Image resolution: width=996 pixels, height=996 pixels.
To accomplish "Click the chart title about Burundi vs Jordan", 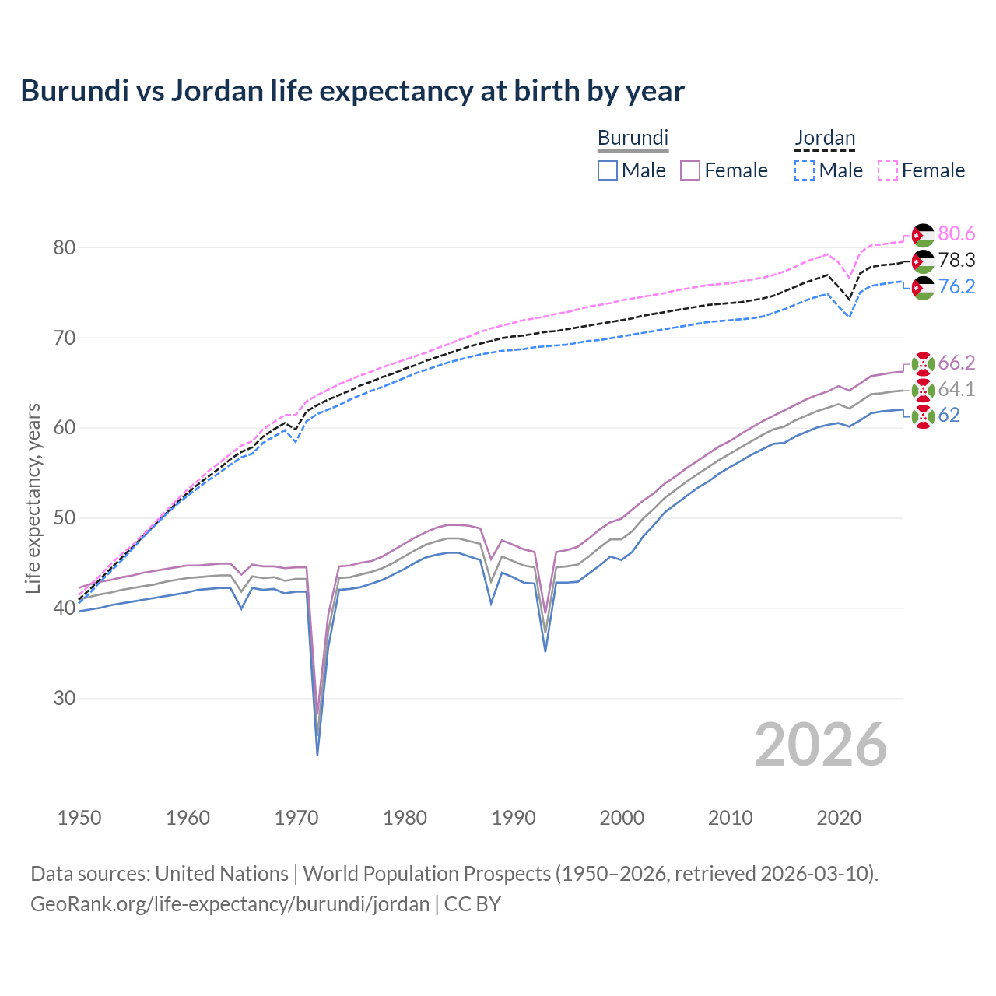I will [352, 91].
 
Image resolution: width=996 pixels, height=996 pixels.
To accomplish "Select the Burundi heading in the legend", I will [633, 138].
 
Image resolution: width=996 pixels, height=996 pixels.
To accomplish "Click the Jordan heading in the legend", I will [825, 138].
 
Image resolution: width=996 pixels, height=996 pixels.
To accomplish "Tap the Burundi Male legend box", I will [608, 170].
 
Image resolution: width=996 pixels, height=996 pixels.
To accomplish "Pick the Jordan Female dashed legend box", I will [888, 170].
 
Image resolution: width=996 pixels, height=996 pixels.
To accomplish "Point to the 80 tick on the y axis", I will [65, 247].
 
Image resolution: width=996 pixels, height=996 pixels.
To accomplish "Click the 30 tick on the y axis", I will [65, 698].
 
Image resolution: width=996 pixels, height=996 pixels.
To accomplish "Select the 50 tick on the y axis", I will [65, 518].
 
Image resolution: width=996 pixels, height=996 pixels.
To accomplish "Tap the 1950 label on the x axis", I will [79, 818].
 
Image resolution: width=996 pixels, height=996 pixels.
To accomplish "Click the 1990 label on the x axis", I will [514, 818].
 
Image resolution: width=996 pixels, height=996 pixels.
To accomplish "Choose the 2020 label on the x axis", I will [839, 818].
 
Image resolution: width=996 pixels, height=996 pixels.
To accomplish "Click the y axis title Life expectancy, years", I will [33, 498].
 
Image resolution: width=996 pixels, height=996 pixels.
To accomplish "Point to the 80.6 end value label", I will [956, 234].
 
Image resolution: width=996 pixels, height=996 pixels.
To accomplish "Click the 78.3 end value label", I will [956, 260].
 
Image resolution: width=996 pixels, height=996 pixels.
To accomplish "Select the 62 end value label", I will [949, 416].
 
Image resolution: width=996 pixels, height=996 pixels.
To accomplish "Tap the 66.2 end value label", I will [956, 363].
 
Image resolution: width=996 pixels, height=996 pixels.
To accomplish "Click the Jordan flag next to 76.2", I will [923, 288].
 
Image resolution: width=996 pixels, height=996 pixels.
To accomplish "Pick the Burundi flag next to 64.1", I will [923, 390].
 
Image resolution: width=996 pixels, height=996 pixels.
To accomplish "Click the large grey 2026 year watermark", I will [821, 745].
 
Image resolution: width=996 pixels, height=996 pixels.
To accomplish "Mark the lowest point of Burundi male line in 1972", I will [317, 754].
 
